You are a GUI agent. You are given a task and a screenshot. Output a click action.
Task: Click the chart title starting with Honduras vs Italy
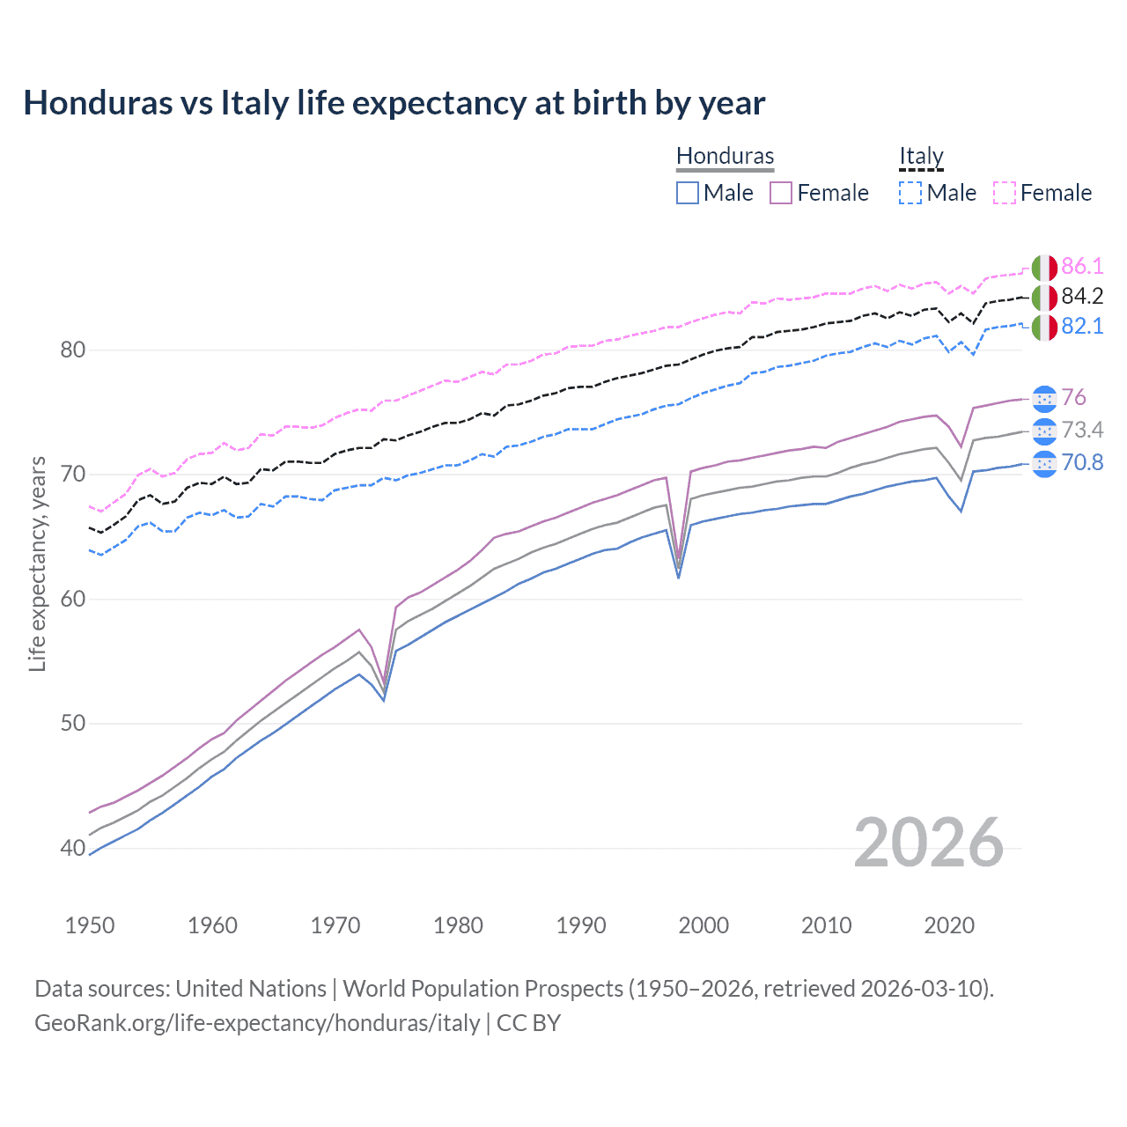pos(394,103)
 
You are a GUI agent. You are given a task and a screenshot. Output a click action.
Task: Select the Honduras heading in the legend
pos(725,156)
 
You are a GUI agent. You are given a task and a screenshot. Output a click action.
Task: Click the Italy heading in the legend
pos(921,156)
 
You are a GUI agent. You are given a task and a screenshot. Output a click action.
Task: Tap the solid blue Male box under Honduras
pos(688,193)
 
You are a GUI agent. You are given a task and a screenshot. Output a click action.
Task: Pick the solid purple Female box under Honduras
pos(781,193)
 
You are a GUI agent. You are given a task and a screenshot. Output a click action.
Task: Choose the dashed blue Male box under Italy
pos(910,193)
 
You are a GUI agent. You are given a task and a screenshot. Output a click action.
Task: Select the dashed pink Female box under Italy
pos(1005,193)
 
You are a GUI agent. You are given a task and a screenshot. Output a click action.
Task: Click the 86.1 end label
pos(1082,267)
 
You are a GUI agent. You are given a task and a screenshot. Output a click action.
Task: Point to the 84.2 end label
pos(1082,297)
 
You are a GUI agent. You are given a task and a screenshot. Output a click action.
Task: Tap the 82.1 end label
pos(1082,327)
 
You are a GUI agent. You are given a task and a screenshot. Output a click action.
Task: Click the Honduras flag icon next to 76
pos(1044,398)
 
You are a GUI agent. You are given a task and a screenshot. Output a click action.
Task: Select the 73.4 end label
pos(1082,430)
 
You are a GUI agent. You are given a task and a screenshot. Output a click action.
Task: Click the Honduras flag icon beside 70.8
pos(1044,462)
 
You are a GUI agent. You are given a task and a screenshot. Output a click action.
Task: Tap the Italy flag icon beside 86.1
pos(1044,267)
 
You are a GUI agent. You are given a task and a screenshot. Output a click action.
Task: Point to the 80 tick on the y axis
pos(72,350)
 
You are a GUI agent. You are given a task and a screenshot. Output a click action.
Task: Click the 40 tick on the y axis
pos(72,849)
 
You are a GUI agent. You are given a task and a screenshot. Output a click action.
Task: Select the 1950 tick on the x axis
pos(90,925)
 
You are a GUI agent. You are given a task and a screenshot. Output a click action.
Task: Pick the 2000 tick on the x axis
pos(703,925)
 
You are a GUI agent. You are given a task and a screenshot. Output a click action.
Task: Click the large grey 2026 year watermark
pos(928,843)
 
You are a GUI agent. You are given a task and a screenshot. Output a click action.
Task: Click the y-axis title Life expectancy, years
pos(37,563)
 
